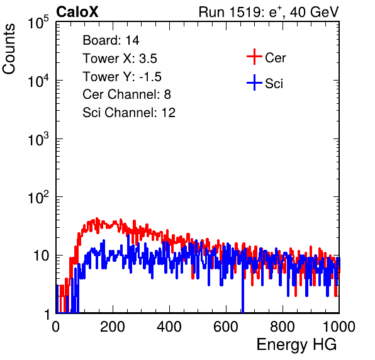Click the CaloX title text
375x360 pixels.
(77, 12)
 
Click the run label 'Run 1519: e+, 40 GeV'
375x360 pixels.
(269, 12)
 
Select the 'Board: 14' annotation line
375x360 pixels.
(111, 40)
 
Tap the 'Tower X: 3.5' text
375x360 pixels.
(120, 59)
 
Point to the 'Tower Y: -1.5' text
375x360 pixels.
(122, 77)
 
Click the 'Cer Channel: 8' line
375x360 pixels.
(126, 94)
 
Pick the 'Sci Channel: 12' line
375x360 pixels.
(129, 113)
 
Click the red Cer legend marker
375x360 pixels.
(254, 57)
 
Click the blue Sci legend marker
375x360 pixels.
(254, 83)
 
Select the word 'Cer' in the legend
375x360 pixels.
(275, 58)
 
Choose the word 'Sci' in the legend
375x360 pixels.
(274, 84)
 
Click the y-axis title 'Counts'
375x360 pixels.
(9, 49)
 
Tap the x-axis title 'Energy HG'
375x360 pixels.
(296, 344)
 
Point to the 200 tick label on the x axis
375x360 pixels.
(113, 327)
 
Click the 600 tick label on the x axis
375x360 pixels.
(226, 327)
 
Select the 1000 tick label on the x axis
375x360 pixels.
(339, 327)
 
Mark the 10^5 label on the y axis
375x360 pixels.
(38, 23)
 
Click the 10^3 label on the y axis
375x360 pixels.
(38, 140)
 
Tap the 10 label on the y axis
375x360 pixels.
(41, 256)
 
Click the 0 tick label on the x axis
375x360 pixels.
(56, 327)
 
